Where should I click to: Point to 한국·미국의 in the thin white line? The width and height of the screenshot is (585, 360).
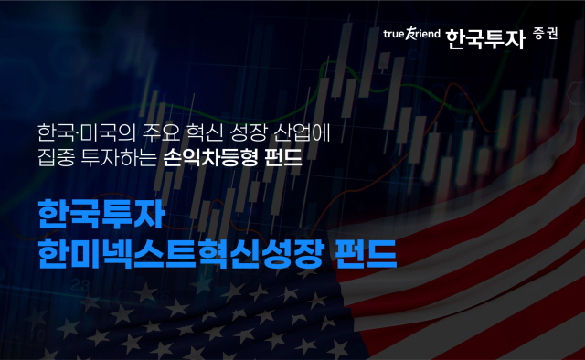[80, 132]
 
